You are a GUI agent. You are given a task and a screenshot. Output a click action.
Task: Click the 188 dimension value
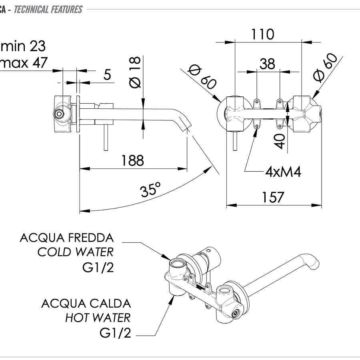pos(133,160)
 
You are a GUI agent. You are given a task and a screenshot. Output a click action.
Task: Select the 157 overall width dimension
pos(274,197)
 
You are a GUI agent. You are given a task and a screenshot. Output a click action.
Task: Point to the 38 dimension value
pos(267,64)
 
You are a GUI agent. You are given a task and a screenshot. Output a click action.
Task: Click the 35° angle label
pos(150,189)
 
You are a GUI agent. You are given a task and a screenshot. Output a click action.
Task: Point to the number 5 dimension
pos(107,75)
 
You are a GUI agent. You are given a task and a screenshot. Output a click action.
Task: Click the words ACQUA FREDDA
pos(67,238)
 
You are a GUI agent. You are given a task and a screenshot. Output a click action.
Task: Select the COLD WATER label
pos(76,252)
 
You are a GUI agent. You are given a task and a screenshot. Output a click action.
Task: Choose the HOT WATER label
pos(98,318)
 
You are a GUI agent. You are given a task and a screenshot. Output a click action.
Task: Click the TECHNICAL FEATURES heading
pos(48,9)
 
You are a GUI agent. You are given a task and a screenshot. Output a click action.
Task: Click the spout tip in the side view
pos(188,127)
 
